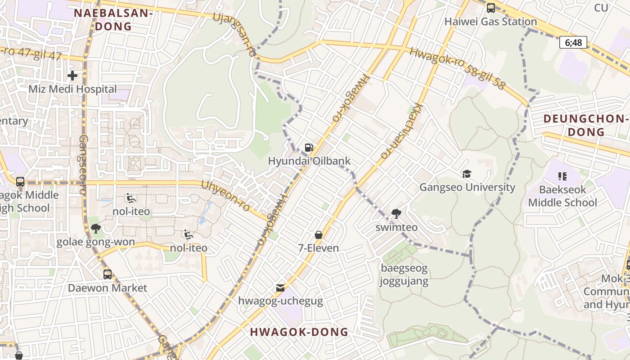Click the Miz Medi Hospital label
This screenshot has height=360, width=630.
click(x=72, y=89)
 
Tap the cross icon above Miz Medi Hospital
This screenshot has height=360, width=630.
click(x=72, y=76)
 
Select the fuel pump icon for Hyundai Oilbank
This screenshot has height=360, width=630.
click(x=309, y=147)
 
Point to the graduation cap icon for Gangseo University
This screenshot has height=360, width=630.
click(x=467, y=174)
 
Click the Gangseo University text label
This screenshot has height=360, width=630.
click(x=467, y=187)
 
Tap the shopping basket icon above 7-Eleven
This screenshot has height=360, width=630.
click(x=319, y=235)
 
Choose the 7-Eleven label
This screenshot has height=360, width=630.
click(x=319, y=248)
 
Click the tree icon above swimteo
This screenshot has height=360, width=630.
click(x=396, y=214)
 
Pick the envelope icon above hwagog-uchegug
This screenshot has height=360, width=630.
click(x=280, y=288)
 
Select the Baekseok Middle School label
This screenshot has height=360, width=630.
click(x=562, y=196)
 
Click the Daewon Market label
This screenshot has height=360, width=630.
click(x=108, y=288)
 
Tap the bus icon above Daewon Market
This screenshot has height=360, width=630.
click(x=108, y=274)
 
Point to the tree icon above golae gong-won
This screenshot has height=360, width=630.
click(x=95, y=229)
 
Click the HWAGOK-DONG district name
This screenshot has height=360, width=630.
click(x=299, y=332)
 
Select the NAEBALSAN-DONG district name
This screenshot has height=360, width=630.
click(x=113, y=19)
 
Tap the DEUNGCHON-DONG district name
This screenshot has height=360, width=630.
click(x=585, y=125)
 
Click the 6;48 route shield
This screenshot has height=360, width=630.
click(x=573, y=43)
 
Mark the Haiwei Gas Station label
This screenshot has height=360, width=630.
click(x=490, y=22)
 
